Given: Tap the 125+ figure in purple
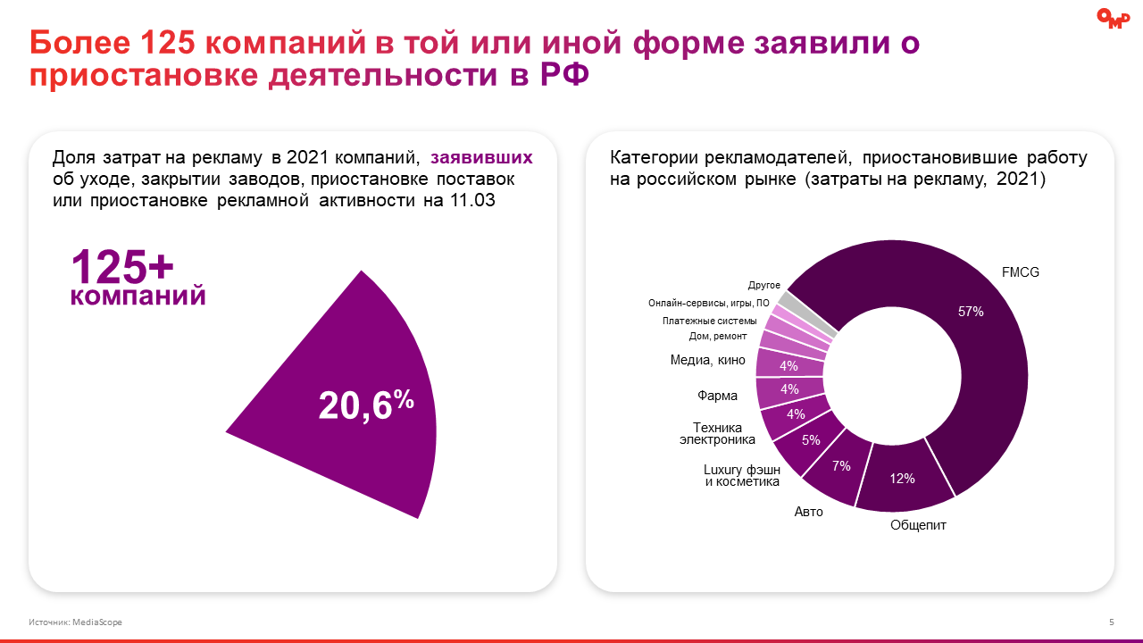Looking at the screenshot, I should point(122,266).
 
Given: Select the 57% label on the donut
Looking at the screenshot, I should point(971,312).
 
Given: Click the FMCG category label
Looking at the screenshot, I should point(1021,271).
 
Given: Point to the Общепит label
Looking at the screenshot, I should point(918,525).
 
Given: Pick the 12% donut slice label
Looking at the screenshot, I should point(902,479).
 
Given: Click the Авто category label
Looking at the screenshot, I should point(809,512).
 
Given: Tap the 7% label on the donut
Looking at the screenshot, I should point(841,465).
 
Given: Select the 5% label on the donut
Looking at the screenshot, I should point(811,439).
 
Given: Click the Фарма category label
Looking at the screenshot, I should point(717,395).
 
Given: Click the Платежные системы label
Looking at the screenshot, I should point(710,321).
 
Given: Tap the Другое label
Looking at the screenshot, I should point(763,285).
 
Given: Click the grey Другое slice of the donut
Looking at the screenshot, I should point(786,300).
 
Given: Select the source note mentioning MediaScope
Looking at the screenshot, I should point(75,622).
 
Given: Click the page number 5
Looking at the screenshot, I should point(1111,622).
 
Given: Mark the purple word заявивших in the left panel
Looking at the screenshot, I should point(481,158).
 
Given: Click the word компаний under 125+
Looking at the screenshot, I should point(138,296).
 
